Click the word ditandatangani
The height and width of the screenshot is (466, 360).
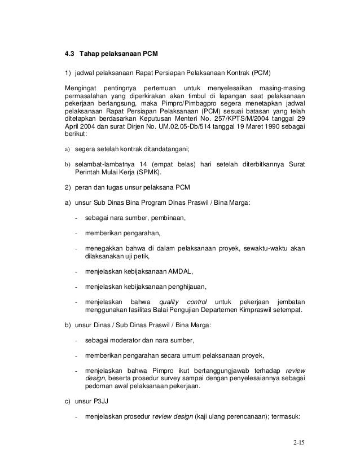159,149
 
